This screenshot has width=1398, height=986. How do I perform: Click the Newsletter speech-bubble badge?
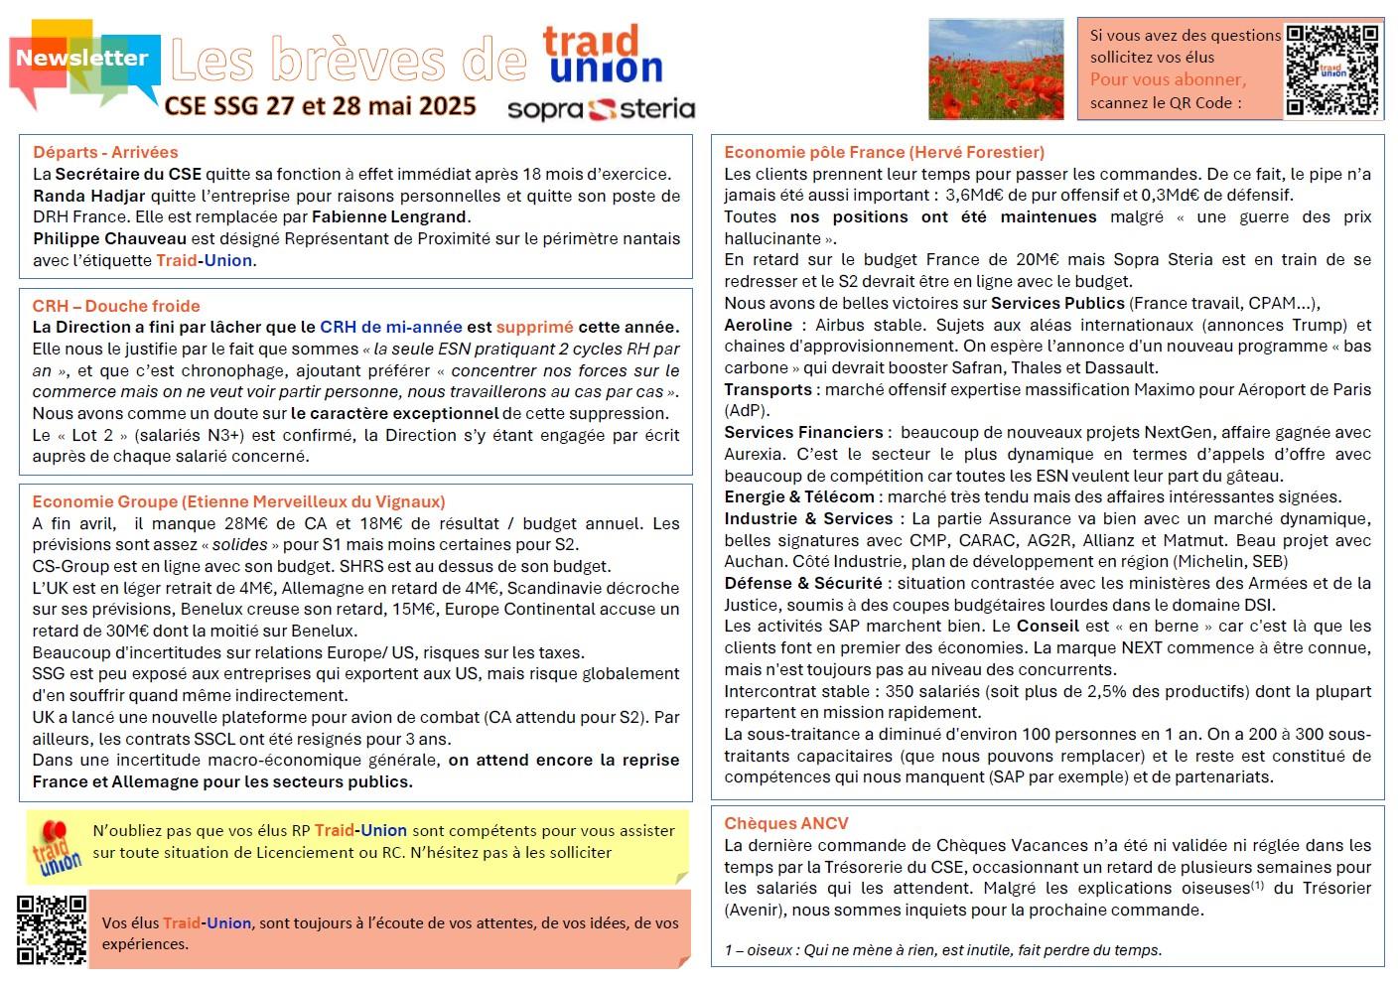82,59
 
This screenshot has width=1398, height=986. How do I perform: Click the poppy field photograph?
995,69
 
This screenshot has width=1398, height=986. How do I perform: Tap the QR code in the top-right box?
1331,70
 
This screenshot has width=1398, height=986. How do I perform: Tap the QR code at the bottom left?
52,928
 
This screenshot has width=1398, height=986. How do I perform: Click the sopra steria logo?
601,108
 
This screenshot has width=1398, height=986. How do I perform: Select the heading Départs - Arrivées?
105,152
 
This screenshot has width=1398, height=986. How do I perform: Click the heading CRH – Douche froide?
116,306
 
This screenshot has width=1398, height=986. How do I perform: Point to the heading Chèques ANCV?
786,823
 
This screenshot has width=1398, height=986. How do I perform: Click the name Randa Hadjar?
89,196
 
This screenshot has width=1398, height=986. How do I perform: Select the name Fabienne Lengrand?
388,216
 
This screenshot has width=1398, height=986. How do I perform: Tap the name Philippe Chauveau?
109,238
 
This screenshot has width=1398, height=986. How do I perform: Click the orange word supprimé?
534,327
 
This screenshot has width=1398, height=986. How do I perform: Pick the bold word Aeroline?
759,325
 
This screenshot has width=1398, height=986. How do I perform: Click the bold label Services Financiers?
803,432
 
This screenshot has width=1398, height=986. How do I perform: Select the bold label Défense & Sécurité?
802,583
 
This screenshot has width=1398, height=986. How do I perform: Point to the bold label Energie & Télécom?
799,496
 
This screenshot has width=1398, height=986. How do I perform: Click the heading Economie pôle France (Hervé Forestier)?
884,152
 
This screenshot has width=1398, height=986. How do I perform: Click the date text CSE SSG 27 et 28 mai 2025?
320,106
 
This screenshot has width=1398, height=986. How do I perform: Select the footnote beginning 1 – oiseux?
942,949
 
